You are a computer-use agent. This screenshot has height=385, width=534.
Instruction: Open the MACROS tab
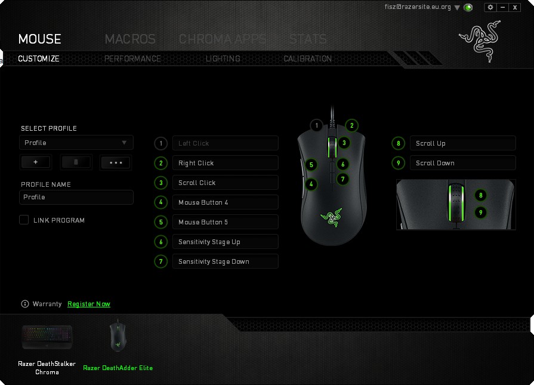tap(130, 39)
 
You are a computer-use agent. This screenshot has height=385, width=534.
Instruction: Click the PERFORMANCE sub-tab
tap(132, 58)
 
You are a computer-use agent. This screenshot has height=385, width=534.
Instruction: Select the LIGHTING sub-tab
tap(223, 58)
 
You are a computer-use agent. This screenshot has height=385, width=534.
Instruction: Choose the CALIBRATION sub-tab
tap(307, 58)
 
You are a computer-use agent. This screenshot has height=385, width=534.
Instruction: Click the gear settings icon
tap(490, 7)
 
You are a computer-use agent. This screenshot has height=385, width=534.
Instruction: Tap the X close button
tap(515, 7)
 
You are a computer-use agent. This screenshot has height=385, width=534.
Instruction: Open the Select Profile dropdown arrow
tap(124, 143)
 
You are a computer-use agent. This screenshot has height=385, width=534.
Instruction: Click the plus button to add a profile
tap(36, 162)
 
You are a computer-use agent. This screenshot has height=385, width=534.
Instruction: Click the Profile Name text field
tap(76, 197)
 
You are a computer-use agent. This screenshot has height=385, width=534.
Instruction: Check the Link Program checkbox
tap(24, 220)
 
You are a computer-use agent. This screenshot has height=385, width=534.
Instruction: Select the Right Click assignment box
tap(226, 163)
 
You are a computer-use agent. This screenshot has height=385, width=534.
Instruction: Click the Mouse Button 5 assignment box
tap(226, 222)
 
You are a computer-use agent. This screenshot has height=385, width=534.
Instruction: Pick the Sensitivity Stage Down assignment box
tap(226, 261)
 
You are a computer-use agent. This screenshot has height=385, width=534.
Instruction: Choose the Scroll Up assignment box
tap(463, 143)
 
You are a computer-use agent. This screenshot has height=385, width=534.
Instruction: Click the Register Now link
tap(89, 304)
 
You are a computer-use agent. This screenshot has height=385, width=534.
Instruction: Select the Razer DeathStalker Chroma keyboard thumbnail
tap(47, 337)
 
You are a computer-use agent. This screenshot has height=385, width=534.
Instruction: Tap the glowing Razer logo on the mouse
tap(331, 217)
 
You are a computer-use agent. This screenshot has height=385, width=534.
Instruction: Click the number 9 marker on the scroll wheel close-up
tap(480, 212)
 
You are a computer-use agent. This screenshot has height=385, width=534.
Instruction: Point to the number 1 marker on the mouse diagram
tap(317, 125)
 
